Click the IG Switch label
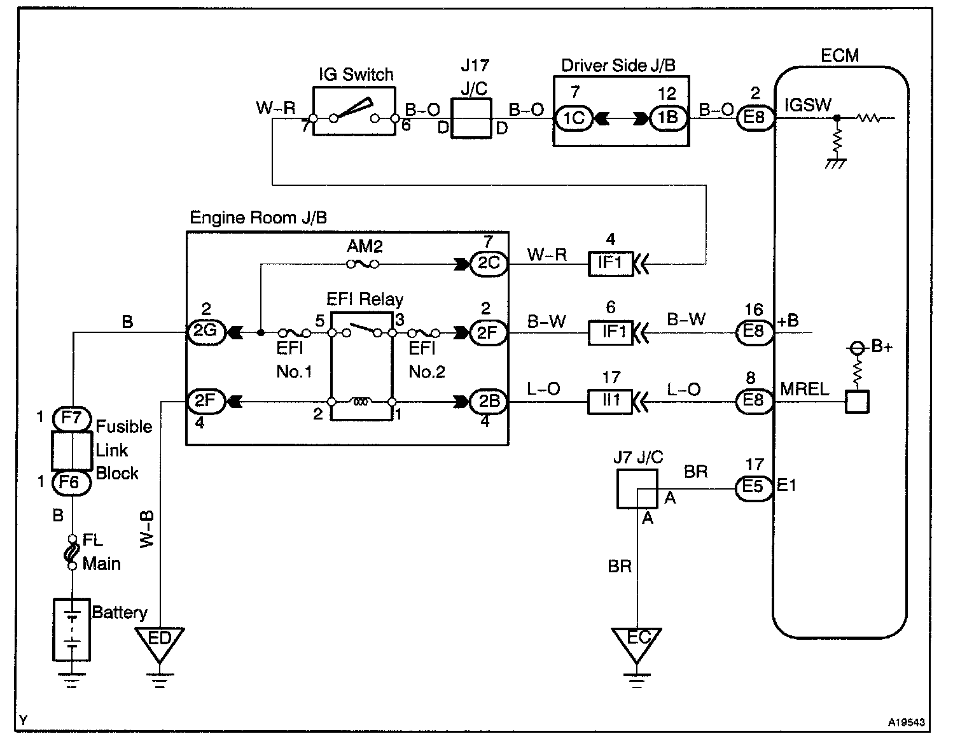pos(356,74)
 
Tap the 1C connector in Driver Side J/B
pos(573,118)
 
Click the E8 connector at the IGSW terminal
pos(755,118)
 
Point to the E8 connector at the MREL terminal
pos(755,402)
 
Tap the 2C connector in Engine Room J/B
pos(489,264)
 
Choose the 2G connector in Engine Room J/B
pos(205,332)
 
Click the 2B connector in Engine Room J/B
pos(489,402)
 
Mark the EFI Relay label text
pos(365,299)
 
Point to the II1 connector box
pos(610,402)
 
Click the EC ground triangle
pos(637,641)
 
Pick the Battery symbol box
pos(71,629)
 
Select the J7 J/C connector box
pos(637,488)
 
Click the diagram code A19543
pos(907,723)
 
